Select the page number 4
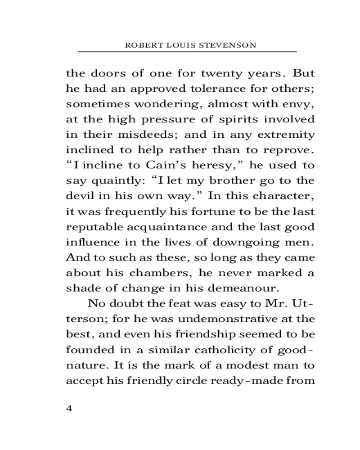[x=69, y=409]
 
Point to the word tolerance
[x=210, y=88]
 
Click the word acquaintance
[x=161, y=227]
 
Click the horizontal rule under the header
[x=187, y=52]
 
